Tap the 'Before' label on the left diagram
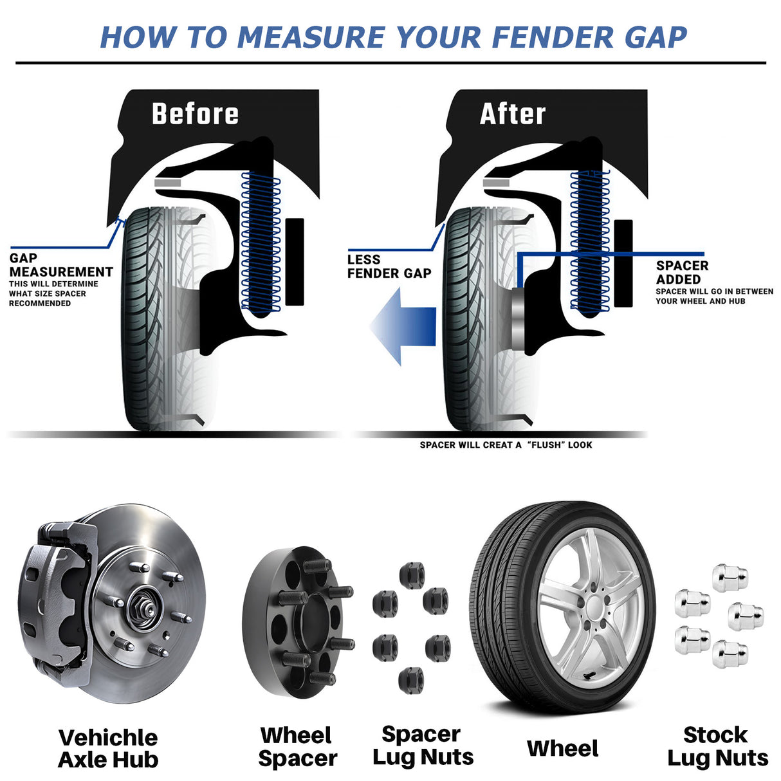pos(195,114)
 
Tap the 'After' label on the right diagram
pos(513,114)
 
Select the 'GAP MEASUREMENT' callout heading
pos(60,265)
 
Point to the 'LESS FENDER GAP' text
pos(389,266)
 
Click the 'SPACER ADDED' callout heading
pos(682,272)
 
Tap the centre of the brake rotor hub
pos(140,607)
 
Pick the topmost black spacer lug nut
pos(412,574)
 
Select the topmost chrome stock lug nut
pos(730,578)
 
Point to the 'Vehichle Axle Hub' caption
pos(108,748)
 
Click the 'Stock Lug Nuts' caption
pos(717,746)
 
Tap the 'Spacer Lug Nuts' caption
pos(423,745)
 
